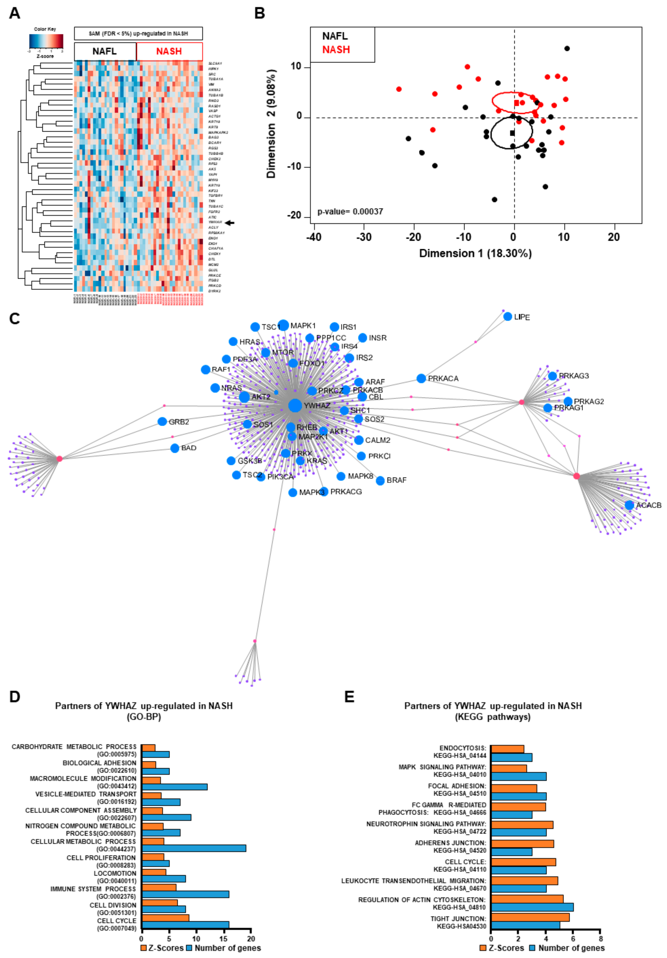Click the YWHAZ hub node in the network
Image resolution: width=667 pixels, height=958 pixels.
tap(295, 405)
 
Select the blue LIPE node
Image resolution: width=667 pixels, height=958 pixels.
tap(507, 317)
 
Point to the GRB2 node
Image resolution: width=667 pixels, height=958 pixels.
tap(162, 421)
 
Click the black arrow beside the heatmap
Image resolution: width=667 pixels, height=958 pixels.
tap(230, 223)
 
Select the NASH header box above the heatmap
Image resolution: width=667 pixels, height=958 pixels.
tap(169, 51)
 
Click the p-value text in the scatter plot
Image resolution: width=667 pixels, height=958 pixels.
tap(350, 212)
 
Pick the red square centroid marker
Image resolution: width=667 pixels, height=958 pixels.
tap(516, 103)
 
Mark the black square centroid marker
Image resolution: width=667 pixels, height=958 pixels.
tap(512, 133)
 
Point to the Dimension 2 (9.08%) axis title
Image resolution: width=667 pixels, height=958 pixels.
tap(271, 123)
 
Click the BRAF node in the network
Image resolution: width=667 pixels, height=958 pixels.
tap(380, 481)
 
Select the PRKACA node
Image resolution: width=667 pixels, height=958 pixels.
tap(421, 378)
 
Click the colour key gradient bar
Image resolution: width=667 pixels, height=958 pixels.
tap(46, 41)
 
